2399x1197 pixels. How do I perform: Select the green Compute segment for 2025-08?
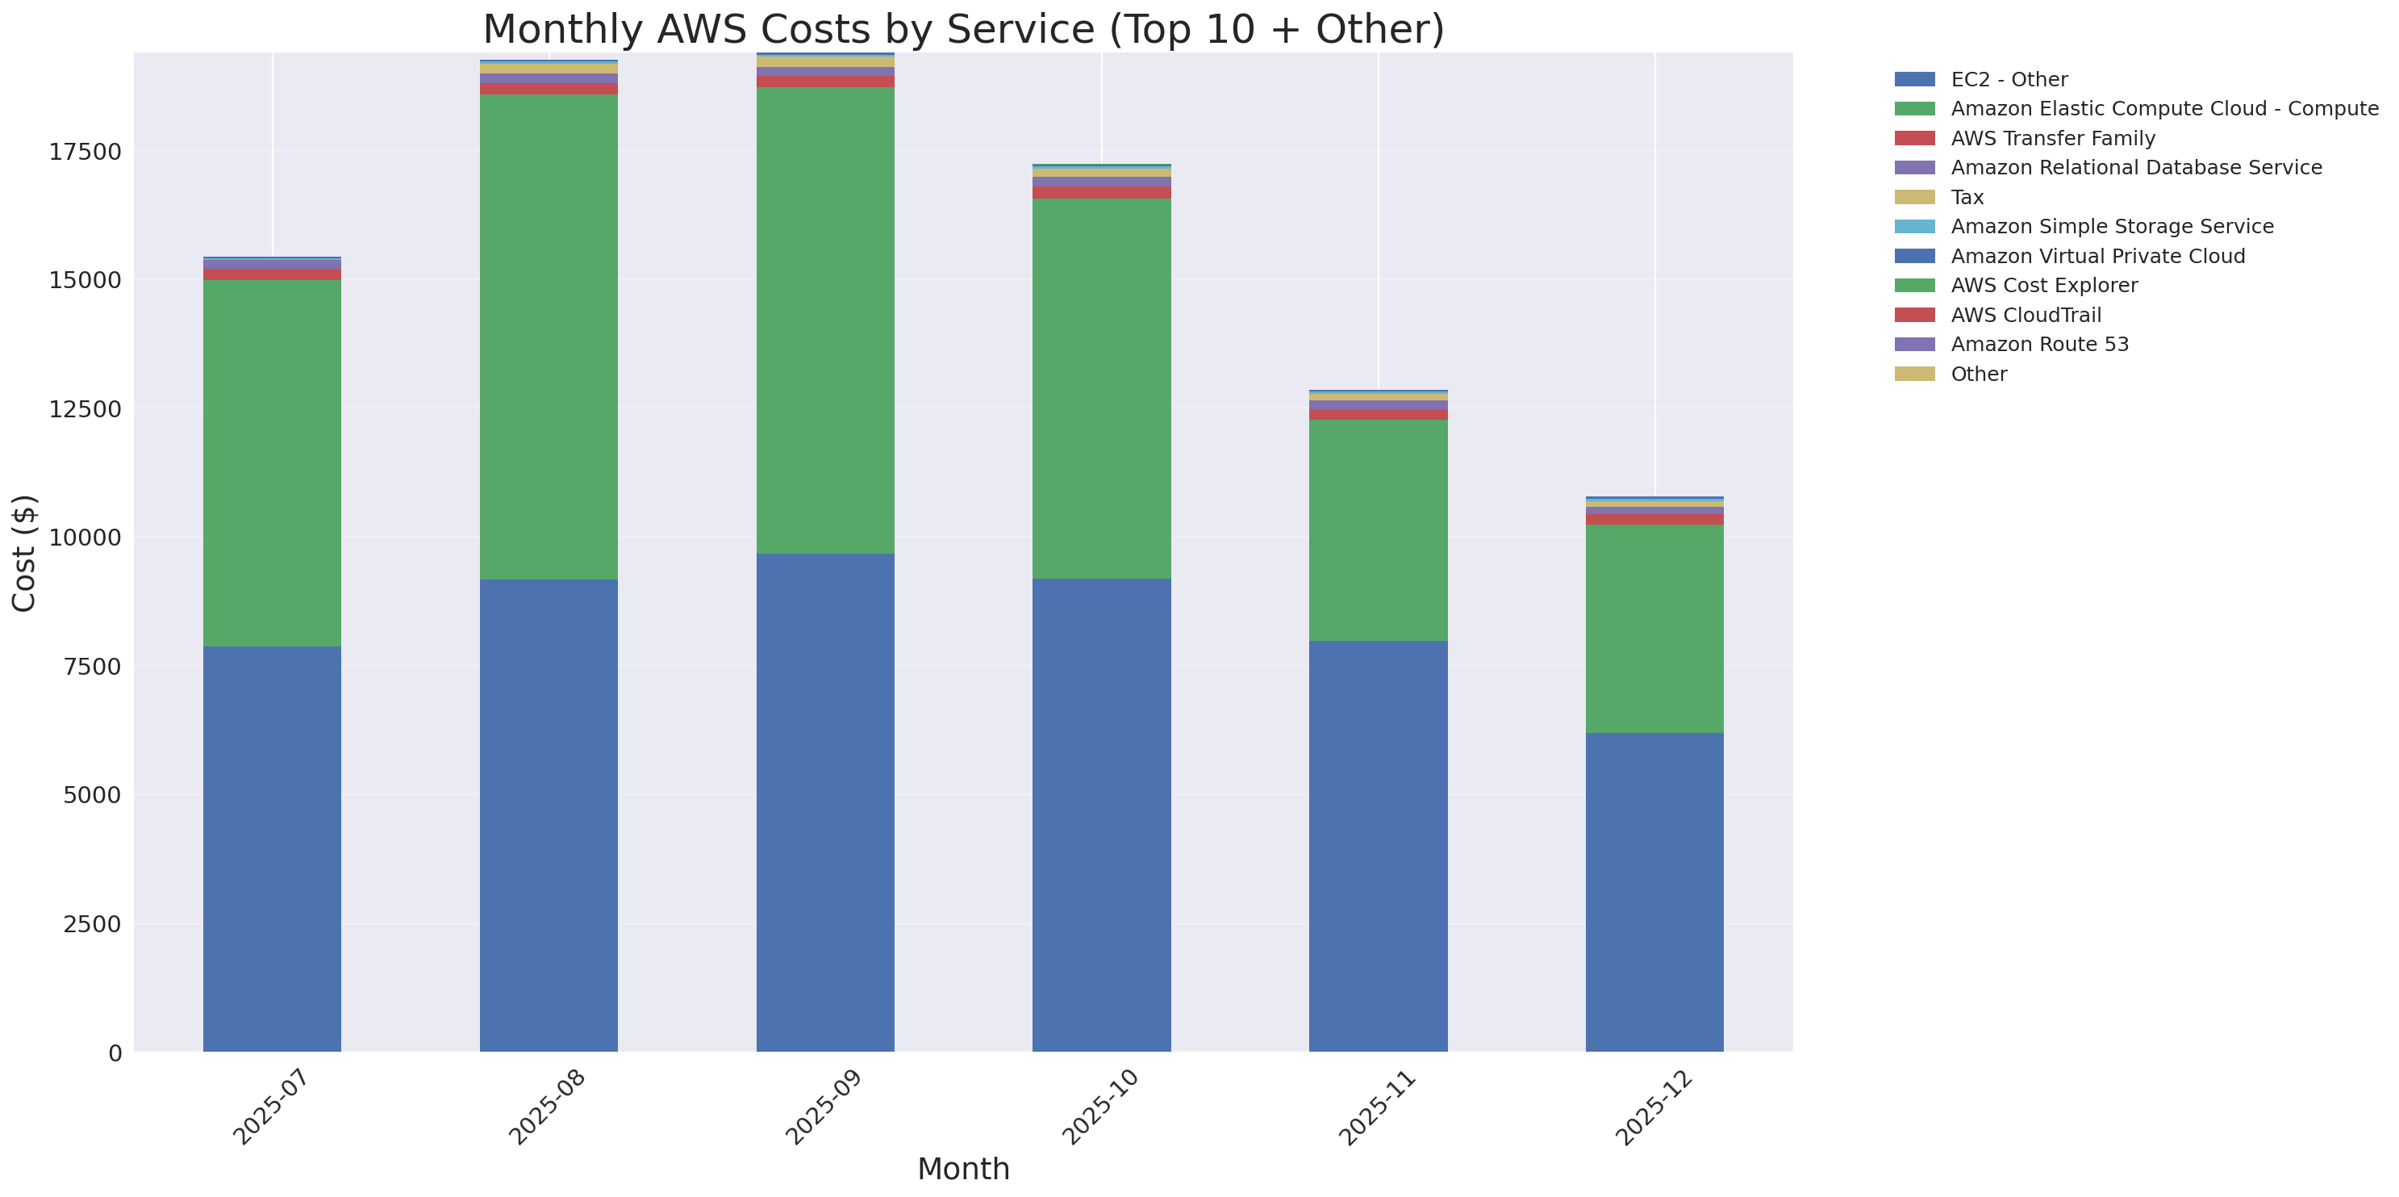[x=549, y=337]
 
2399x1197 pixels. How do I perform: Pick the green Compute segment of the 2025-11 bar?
[x=1378, y=529]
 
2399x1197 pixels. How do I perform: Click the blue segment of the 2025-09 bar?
[x=825, y=802]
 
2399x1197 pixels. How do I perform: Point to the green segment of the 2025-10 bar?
[x=1101, y=388]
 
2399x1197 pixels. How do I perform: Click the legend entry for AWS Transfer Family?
[x=2053, y=139]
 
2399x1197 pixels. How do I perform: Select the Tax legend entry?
[x=1967, y=198]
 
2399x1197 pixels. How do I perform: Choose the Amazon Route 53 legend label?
[x=2039, y=345]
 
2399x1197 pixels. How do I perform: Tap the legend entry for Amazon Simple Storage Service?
[x=2111, y=226]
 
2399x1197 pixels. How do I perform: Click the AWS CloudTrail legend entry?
[x=2026, y=315]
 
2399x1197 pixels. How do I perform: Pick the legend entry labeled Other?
[x=1978, y=374]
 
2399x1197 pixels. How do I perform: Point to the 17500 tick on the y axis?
[x=85, y=152]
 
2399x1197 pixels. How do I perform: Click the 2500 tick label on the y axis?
[x=91, y=924]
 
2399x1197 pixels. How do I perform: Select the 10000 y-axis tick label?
[x=85, y=538]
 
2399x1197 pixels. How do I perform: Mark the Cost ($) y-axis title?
[x=24, y=552]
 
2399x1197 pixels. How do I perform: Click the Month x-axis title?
[x=963, y=1169]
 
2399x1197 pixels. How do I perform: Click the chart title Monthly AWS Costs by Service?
[x=963, y=29]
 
